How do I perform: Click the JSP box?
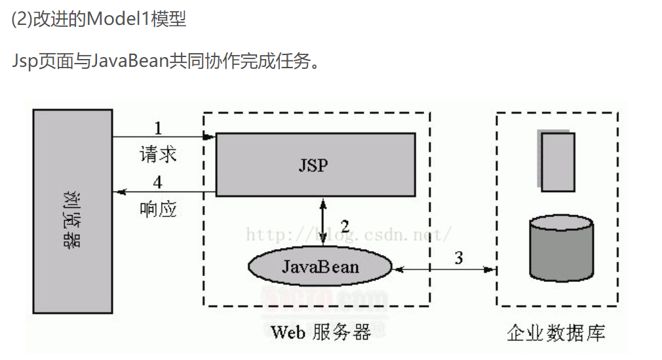point(315,165)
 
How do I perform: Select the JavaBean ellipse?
point(320,266)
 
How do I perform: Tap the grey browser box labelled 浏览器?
point(72,211)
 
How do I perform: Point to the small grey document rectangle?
point(557,161)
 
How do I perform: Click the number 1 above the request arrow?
point(157,127)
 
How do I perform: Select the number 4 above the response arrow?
point(157,182)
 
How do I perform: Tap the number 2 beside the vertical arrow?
point(345,227)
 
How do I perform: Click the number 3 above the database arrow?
point(458,258)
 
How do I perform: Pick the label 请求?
point(158,154)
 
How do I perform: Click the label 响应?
point(158,209)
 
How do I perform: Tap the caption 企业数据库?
point(556,332)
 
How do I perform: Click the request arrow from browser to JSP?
point(164,137)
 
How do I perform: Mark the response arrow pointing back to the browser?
point(164,192)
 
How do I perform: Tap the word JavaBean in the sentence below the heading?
point(129,63)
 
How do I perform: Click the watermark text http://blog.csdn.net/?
point(347,234)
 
